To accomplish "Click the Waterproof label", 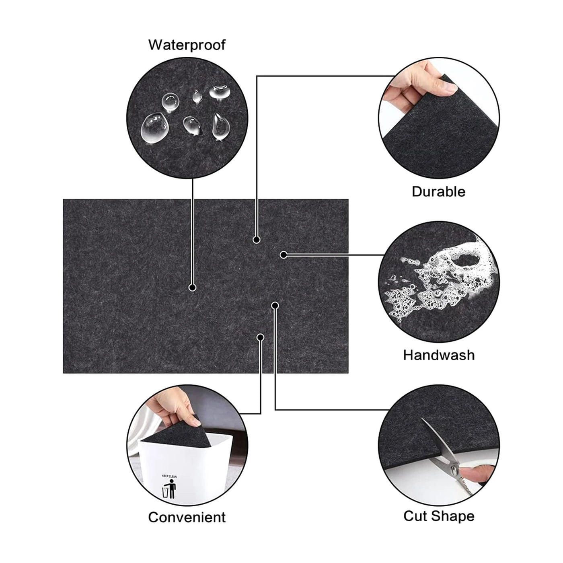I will (187, 45).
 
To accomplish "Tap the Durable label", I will (438, 191).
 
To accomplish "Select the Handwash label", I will (439, 355).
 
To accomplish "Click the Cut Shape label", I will (439, 516).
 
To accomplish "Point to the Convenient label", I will (187, 517).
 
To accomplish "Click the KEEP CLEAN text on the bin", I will (169, 476).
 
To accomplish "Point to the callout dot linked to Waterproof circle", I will (193, 288).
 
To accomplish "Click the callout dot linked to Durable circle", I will (256, 240).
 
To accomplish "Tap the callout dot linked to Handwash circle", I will (284, 255).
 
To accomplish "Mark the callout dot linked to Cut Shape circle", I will (275, 306).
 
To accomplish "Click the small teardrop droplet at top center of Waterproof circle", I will (196, 96).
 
